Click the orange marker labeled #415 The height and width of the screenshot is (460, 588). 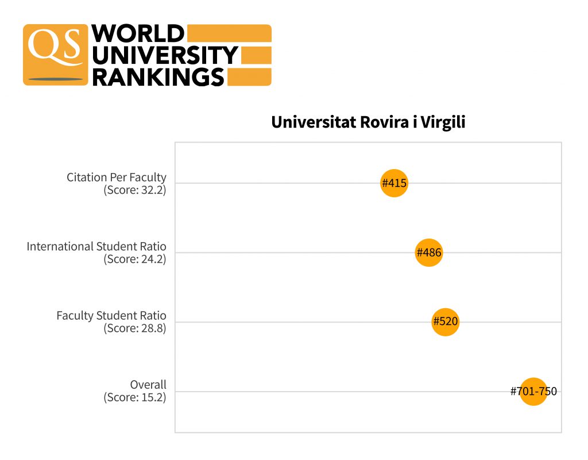(x=394, y=183)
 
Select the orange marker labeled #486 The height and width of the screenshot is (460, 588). (x=429, y=252)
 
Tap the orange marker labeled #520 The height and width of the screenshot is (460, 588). (x=446, y=321)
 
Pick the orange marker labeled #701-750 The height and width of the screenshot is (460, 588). (x=533, y=392)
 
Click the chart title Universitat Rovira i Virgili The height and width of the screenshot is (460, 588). (x=368, y=122)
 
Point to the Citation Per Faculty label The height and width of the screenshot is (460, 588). (x=116, y=177)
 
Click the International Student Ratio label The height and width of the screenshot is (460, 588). (x=96, y=247)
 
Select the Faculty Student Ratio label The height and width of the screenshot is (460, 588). (x=111, y=316)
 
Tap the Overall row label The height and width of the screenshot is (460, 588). (x=148, y=385)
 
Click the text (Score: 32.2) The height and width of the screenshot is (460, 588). (x=134, y=190)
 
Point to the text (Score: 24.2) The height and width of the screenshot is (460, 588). (x=134, y=259)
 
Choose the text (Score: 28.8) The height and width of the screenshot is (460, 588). (x=134, y=328)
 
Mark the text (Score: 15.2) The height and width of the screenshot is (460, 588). (x=134, y=397)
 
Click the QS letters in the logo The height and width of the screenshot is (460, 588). (x=55, y=46)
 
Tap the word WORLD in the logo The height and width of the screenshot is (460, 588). (x=138, y=34)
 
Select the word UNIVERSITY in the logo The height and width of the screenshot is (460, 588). (x=165, y=55)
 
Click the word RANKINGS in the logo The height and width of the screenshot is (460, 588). (x=158, y=76)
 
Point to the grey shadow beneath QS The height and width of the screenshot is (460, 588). (x=56, y=79)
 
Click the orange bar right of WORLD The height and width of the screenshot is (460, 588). (x=229, y=33)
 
